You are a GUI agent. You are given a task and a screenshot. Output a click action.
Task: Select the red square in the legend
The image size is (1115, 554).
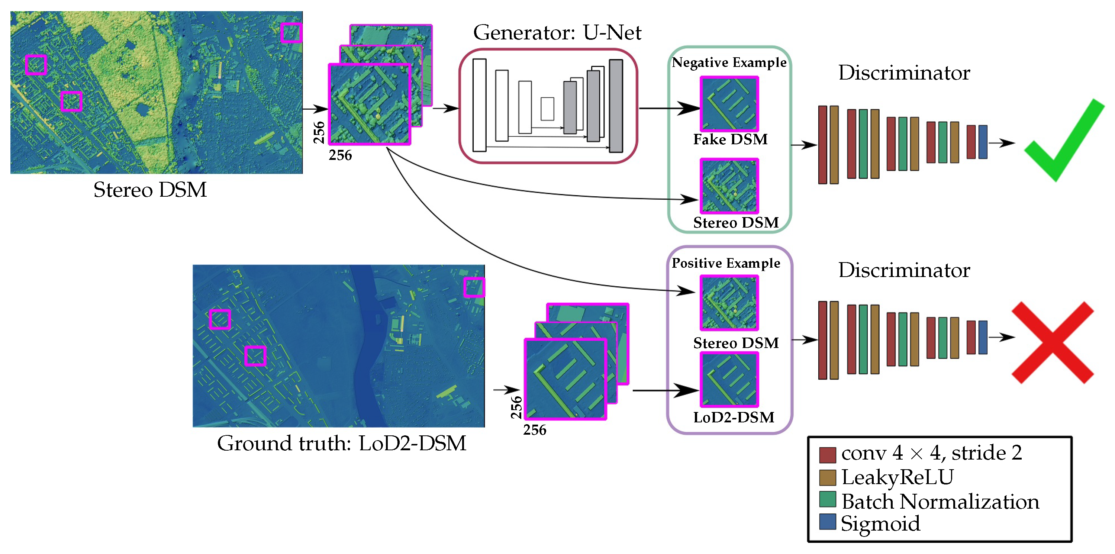pos(827,454)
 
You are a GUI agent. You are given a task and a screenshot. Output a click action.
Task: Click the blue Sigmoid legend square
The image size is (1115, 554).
pos(827,522)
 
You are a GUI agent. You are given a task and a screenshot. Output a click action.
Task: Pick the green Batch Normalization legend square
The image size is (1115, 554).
pos(827,499)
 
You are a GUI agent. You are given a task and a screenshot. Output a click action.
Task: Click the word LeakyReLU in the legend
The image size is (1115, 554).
pos(897,477)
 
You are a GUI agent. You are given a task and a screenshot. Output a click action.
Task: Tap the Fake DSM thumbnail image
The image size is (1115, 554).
pos(729,104)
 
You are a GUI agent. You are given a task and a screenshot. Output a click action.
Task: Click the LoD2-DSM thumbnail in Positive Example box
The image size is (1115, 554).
pos(729,380)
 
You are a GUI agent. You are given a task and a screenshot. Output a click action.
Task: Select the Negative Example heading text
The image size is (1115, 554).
pos(729,63)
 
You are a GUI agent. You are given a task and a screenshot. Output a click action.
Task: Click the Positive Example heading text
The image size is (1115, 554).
pos(726,263)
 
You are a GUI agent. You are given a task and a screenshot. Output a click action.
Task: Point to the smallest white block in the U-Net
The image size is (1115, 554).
pos(547,109)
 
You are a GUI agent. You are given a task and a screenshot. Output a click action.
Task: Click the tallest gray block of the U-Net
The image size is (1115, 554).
pos(616,106)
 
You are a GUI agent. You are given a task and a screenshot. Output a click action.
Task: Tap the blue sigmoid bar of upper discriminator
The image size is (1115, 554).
pos(983,142)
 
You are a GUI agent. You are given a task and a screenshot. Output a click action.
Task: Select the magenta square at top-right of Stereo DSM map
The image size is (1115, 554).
pos(290,32)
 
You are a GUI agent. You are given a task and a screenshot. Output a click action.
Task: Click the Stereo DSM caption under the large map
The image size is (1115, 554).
pos(150,190)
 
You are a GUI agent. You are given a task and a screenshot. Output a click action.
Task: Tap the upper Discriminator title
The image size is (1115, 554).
pos(904,73)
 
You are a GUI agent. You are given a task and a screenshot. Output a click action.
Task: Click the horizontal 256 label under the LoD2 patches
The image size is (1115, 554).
pos(534,430)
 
